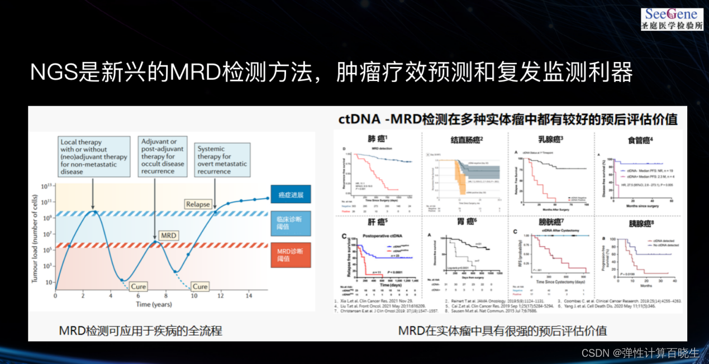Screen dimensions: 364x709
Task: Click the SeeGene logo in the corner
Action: coord(672,18)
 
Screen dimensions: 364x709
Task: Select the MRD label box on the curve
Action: coord(169,235)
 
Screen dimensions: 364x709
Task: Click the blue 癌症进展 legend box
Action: coord(291,194)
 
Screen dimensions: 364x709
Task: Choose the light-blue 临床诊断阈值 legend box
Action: coord(291,223)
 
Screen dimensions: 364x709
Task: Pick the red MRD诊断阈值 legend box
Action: coord(291,255)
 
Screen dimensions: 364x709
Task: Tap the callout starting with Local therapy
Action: coord(94,157)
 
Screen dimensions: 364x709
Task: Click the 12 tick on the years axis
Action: coord(221,295)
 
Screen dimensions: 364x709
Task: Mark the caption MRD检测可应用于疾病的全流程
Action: coord(141,331)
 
